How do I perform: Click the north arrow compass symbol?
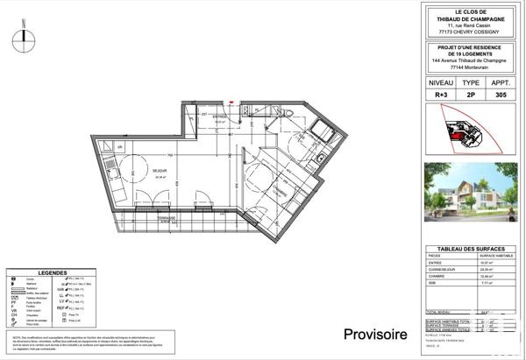25,34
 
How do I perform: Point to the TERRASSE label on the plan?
167,217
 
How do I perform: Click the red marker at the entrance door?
231,102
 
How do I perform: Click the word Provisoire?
374,334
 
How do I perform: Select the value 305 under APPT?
500,95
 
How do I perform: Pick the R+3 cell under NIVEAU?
440,95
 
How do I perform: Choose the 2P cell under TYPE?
470,95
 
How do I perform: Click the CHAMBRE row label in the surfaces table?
437,276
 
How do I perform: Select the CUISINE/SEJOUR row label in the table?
444,270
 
